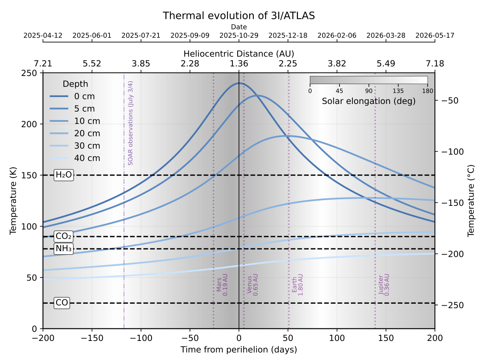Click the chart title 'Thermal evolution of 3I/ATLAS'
pyautogui.click(x=238, y=16)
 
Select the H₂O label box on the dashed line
pyautogui.click(x=63, y=175)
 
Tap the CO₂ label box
pyautogui.click(x=63, y=237)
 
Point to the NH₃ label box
pyautogui.click(x=63, y=249)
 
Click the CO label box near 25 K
pyautogui.click(x=62, y=303)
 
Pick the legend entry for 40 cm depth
pyautogui.click(x=75, y=158)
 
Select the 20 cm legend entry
pyautogui.click(x=75, y=133)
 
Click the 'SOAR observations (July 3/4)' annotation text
pyautogui.click(x=130, y=123)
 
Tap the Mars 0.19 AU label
pyautogui.click(x=222, y=286)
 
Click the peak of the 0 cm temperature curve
pyautogui.click(x=239, y=83)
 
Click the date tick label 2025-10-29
pyautogui.click(x=239, y=36)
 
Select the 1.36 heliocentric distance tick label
pyautogui.click(x=239, y=63)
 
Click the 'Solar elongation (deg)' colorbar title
pyautogui.click(x=369, y=102)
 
